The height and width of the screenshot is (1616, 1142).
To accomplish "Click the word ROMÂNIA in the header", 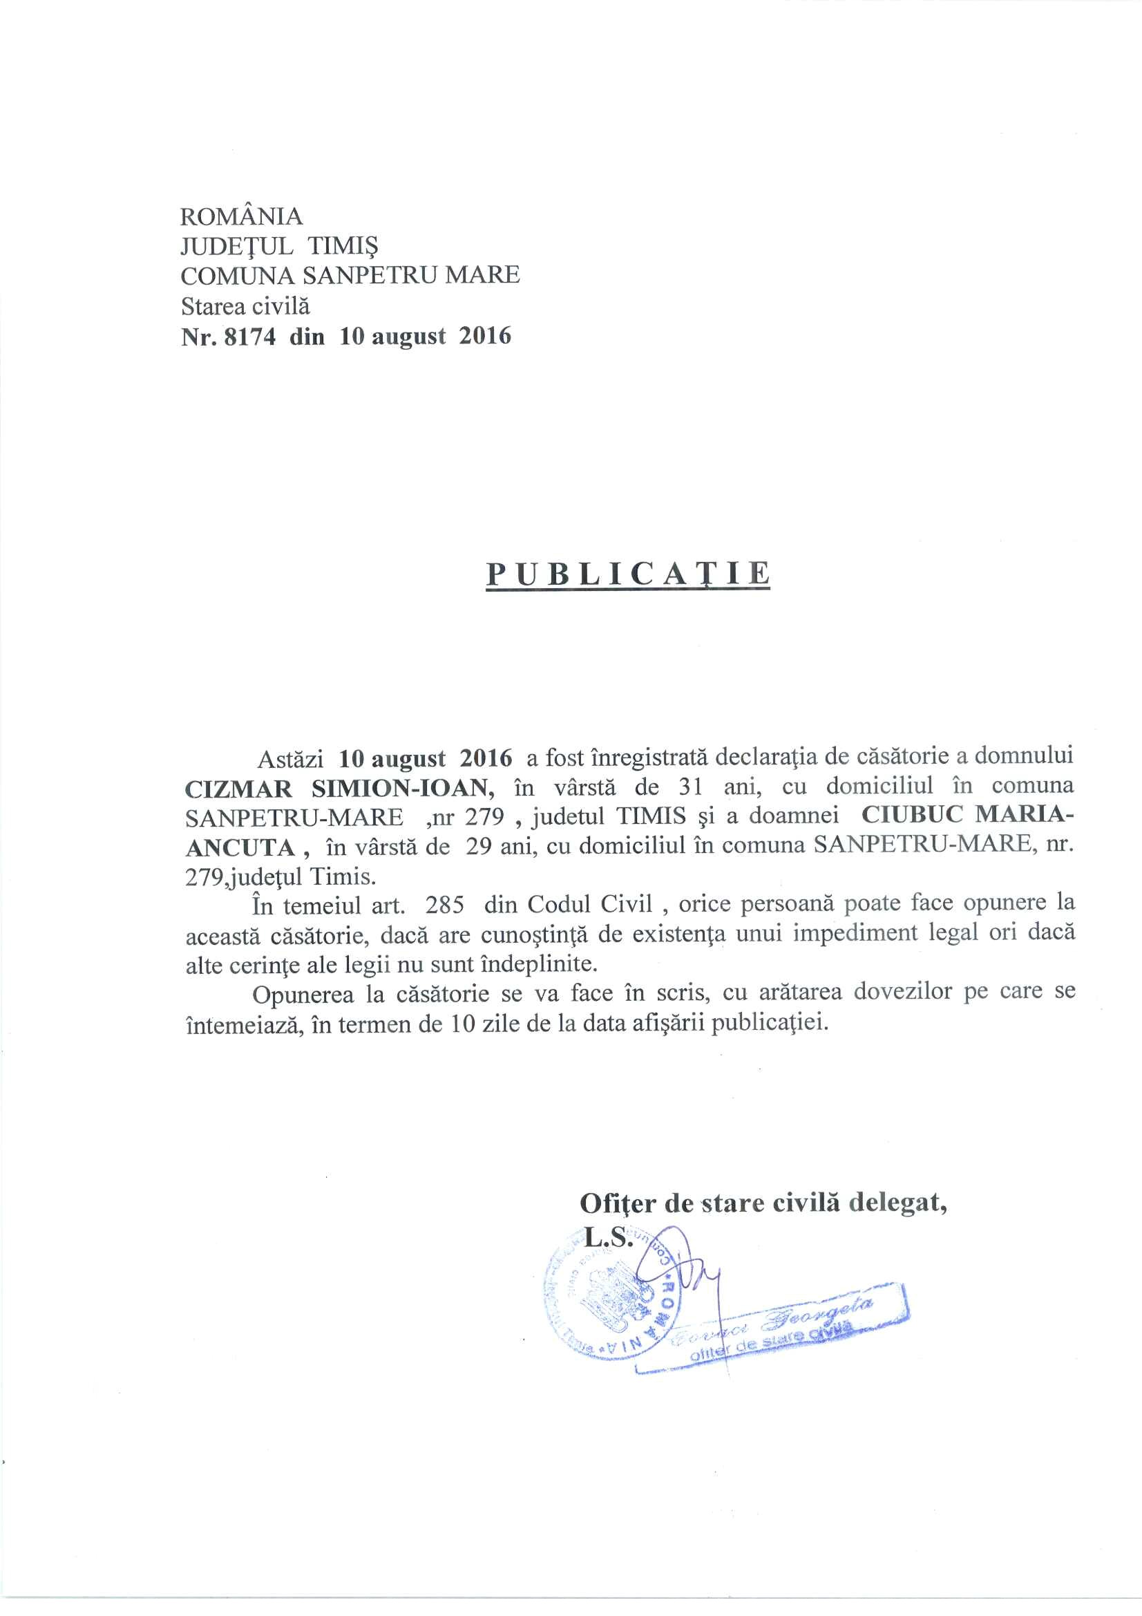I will (x=241, y=216).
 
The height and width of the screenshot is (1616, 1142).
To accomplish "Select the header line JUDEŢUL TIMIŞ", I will (x=279, y=245).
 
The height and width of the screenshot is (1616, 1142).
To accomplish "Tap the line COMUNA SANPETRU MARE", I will (x=350, y=275).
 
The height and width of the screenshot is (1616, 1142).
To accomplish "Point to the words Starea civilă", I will (x=245, y=306).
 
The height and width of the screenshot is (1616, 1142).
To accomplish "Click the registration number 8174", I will (x=249, y=337).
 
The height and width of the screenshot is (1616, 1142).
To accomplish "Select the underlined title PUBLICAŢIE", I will (x=627, y=574).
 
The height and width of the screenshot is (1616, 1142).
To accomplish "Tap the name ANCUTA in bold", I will (x=239, y=847).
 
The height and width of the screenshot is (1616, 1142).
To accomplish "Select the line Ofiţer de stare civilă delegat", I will (x=763, y=1203).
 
